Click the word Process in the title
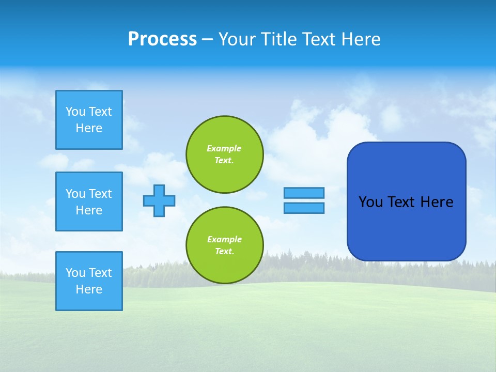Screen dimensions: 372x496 (x=162, y=39)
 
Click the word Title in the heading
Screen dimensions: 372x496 (x=278, y=39)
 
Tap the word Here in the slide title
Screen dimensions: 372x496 (x=361, y=39)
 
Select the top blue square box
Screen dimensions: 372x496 (x=89, y=120)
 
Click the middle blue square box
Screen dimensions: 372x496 (x=89, y=202)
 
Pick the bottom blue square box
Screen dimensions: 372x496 (x=89, y=281)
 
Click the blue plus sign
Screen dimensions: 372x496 (x=159, y=200)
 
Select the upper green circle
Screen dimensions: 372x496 (x=225, y=154)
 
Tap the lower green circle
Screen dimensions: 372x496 (x=225, y=245)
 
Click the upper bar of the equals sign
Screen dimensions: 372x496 (x=304, y=193)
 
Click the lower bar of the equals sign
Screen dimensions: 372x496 (x=304, y=208)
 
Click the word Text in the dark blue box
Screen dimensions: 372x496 (x=401, y=202)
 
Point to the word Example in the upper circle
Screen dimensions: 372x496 (x=224, y=148)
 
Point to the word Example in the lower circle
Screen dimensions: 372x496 (x=224, y=239)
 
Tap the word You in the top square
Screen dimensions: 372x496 (x=75, y=112)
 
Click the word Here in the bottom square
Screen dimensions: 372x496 (x=89, y=289)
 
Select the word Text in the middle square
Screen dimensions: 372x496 (x=100, y=194)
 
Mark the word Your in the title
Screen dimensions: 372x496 (x=236, y=39)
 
